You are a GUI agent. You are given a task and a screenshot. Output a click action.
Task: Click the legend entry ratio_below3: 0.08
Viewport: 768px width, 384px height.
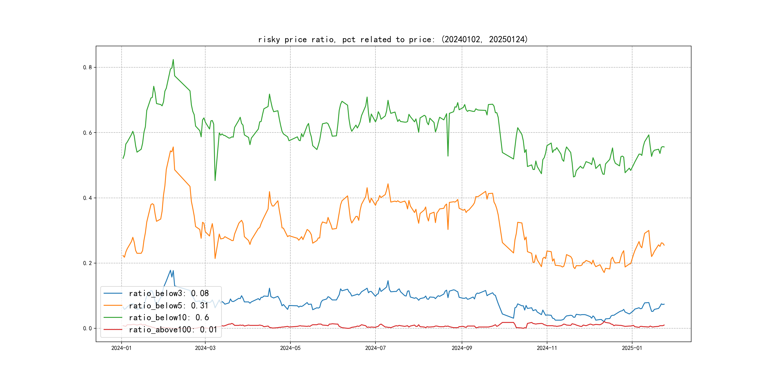[169, 293]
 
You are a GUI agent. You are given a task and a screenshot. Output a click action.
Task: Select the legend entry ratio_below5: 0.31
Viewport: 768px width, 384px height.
[169, 306]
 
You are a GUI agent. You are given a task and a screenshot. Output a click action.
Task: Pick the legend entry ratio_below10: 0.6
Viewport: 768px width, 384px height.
[169, 318]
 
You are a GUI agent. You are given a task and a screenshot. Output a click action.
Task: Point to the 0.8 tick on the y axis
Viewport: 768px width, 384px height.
[87, 67]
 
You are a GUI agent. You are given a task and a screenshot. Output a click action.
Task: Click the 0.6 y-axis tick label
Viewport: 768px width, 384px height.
[87, 133]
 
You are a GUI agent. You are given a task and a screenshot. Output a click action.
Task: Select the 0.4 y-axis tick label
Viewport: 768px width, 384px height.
[87, 198]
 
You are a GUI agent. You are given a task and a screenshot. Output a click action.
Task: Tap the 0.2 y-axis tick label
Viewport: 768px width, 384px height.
[87, 263]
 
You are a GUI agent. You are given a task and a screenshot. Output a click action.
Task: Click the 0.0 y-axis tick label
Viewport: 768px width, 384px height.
[87, 329]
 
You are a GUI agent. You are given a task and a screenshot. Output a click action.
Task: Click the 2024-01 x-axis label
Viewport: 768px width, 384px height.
[121, 348]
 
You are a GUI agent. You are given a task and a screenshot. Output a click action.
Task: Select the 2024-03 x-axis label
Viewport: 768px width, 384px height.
[205, 348]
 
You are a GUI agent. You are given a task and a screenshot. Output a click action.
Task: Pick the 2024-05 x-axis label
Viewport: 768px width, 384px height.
[290, 348]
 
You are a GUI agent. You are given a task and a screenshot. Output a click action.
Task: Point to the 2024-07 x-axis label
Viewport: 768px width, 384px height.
[375, 348]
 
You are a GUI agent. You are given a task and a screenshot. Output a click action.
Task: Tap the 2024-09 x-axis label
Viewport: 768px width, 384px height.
[462, 348]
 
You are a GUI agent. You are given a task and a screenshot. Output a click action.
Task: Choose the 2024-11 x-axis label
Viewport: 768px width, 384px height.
[547, 348]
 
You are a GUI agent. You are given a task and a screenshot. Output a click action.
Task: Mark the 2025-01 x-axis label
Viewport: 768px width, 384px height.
[632, 348]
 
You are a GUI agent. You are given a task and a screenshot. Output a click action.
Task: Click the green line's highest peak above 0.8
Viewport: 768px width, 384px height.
[173, 60]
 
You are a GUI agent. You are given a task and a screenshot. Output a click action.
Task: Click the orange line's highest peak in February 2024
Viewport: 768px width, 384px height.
[173, 147]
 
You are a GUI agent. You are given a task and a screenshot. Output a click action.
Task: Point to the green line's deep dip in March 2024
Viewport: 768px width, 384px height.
[215, 180]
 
